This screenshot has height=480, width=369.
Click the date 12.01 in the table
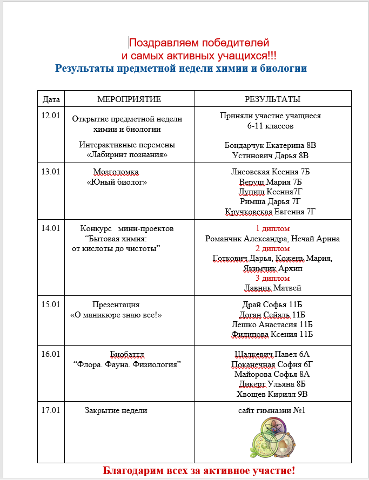pos(51,116)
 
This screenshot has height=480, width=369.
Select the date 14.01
pos(51,228)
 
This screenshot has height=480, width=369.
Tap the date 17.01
pos(51,410)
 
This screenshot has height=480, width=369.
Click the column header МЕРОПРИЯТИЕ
pos(129,99)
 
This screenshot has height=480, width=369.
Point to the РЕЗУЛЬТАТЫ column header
pos(272,99)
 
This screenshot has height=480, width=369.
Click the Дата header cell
pos(51,99)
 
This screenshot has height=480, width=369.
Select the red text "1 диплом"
pos(272,228)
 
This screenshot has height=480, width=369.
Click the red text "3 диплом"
pos(272,278)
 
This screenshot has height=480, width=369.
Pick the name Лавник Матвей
pos(272,288)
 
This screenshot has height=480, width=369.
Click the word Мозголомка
pos(116,172)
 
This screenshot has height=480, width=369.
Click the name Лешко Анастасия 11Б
pos(272,324)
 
